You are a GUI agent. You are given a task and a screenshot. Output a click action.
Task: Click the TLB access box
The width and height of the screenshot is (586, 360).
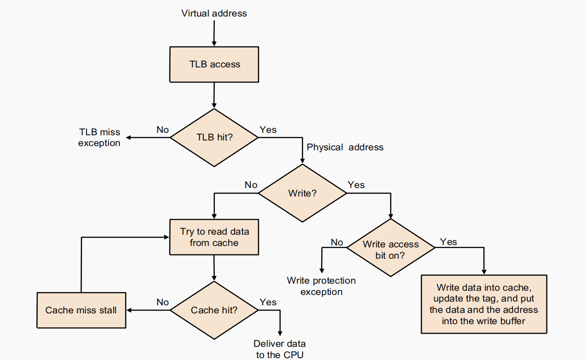tap(214, 64)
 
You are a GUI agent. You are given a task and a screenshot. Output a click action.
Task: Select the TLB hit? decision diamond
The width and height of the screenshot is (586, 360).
tap(214, 138)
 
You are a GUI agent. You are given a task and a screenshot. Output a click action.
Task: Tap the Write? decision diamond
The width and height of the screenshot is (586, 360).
tap(302, 193)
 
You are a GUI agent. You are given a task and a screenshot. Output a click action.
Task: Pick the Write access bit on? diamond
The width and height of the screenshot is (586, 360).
tap(390, 248)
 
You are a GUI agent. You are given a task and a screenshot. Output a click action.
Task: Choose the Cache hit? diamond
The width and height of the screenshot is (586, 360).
tap(214, 310)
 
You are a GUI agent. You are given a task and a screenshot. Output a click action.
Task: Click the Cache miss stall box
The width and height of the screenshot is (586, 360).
tap(81, 310)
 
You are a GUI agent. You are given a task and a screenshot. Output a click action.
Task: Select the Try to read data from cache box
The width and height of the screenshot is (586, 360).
tap(214, 237)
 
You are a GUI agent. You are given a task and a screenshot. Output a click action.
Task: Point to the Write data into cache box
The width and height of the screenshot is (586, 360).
tap(484, 304)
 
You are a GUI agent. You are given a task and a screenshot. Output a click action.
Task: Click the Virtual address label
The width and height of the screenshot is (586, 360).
tap(214, 13)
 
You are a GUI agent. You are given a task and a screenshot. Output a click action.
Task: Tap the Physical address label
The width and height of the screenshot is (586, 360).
tap(345, 147)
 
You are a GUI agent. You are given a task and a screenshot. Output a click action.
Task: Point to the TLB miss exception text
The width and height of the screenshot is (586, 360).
tap(99, 138)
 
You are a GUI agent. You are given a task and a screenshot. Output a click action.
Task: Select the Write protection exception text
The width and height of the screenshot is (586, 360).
tap(321, 286)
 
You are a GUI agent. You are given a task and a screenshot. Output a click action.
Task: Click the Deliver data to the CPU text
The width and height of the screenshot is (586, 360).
tap(280, 349)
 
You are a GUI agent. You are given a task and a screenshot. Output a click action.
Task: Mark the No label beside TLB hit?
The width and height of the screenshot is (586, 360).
tap(163, 130)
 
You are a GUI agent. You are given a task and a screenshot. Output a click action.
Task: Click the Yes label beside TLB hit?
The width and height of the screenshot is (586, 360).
tap(268, 130)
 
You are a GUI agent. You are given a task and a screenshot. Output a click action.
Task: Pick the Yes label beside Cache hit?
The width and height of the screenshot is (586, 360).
tap(268, 302)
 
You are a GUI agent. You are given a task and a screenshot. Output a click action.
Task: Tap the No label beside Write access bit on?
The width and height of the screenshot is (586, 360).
tap(337, 242)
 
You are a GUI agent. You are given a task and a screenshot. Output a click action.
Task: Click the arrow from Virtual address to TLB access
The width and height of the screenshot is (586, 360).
tap(214, 33)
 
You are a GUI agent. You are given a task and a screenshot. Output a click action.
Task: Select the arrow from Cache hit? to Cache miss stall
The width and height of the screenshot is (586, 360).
tap(148, 310)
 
